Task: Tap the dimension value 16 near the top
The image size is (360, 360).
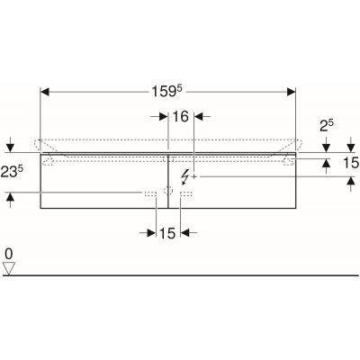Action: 181,116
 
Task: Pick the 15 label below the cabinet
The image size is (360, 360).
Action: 166,232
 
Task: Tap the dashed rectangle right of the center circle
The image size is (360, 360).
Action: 186,193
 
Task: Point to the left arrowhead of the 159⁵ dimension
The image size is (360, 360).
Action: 46,91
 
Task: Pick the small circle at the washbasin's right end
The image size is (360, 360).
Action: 285,160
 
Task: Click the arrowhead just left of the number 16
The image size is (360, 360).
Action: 164,116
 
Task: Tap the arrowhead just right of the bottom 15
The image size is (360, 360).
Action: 185,232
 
